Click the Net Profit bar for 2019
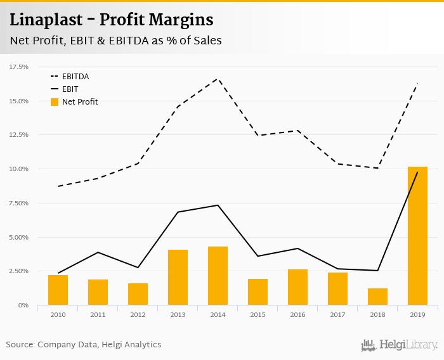coord(417,236)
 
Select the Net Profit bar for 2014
coord(218,276)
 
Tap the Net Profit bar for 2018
coord(377,297)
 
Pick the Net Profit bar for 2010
coord(58,290)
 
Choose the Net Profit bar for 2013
coord(178,277)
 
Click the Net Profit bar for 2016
coord(297,287)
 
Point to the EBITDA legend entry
coord(75,77)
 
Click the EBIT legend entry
coord(70,89)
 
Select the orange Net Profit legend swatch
coord(55,101)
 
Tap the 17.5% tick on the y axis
coord(19,67)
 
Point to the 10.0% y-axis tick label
coord(19,169)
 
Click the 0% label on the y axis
coord(23,305)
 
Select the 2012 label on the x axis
coord(138,314)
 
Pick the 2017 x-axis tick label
coord(337,314)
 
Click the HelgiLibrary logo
coord(400,345)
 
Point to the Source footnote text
coord(84,345)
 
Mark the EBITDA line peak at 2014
coord(218,79)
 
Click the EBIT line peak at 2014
coord(218,205)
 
